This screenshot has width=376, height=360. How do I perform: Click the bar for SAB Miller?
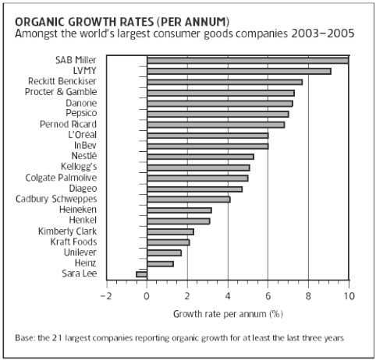coord(247,60)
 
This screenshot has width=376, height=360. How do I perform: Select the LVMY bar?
coord(239,71)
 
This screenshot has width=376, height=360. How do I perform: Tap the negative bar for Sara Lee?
coord(141,274)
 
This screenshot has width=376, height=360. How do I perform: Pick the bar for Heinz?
coord(160,263)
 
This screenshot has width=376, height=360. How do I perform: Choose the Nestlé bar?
coord(200,157)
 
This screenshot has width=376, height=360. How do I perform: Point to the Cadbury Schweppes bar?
coord(188,199)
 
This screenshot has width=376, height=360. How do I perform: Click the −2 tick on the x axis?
coord(106,296)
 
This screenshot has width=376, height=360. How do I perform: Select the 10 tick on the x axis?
coord(348,296)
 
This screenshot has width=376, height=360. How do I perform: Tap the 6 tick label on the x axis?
coord(268,296)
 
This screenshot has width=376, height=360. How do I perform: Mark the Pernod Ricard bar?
coord(215,124)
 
